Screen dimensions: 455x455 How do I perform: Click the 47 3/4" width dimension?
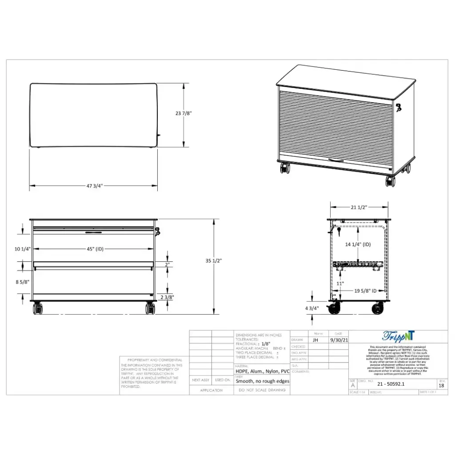(94, 186)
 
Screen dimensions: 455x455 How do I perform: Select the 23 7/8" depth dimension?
(184, 113)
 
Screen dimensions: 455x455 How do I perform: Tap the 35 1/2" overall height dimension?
(214, 261)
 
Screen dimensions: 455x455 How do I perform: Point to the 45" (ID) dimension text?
(95, 249)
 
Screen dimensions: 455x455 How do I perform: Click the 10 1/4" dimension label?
(23, 249)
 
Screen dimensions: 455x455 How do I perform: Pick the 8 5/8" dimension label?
(23, 282)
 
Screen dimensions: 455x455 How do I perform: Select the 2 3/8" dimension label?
(167, 297)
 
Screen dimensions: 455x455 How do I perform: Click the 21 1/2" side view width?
(359, 207)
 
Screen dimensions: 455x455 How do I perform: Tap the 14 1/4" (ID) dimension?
(358, 244)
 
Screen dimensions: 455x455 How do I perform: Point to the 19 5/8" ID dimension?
(365, 291)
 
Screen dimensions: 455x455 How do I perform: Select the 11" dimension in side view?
(340, 283)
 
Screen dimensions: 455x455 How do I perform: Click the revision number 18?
(441, 386)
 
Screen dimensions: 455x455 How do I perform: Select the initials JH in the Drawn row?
(315, 340)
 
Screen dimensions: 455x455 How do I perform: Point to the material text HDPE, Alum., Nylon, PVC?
(262, 371)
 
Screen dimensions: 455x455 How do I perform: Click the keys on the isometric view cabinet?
(399, 107)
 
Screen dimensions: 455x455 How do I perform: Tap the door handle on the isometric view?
(335, 160)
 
